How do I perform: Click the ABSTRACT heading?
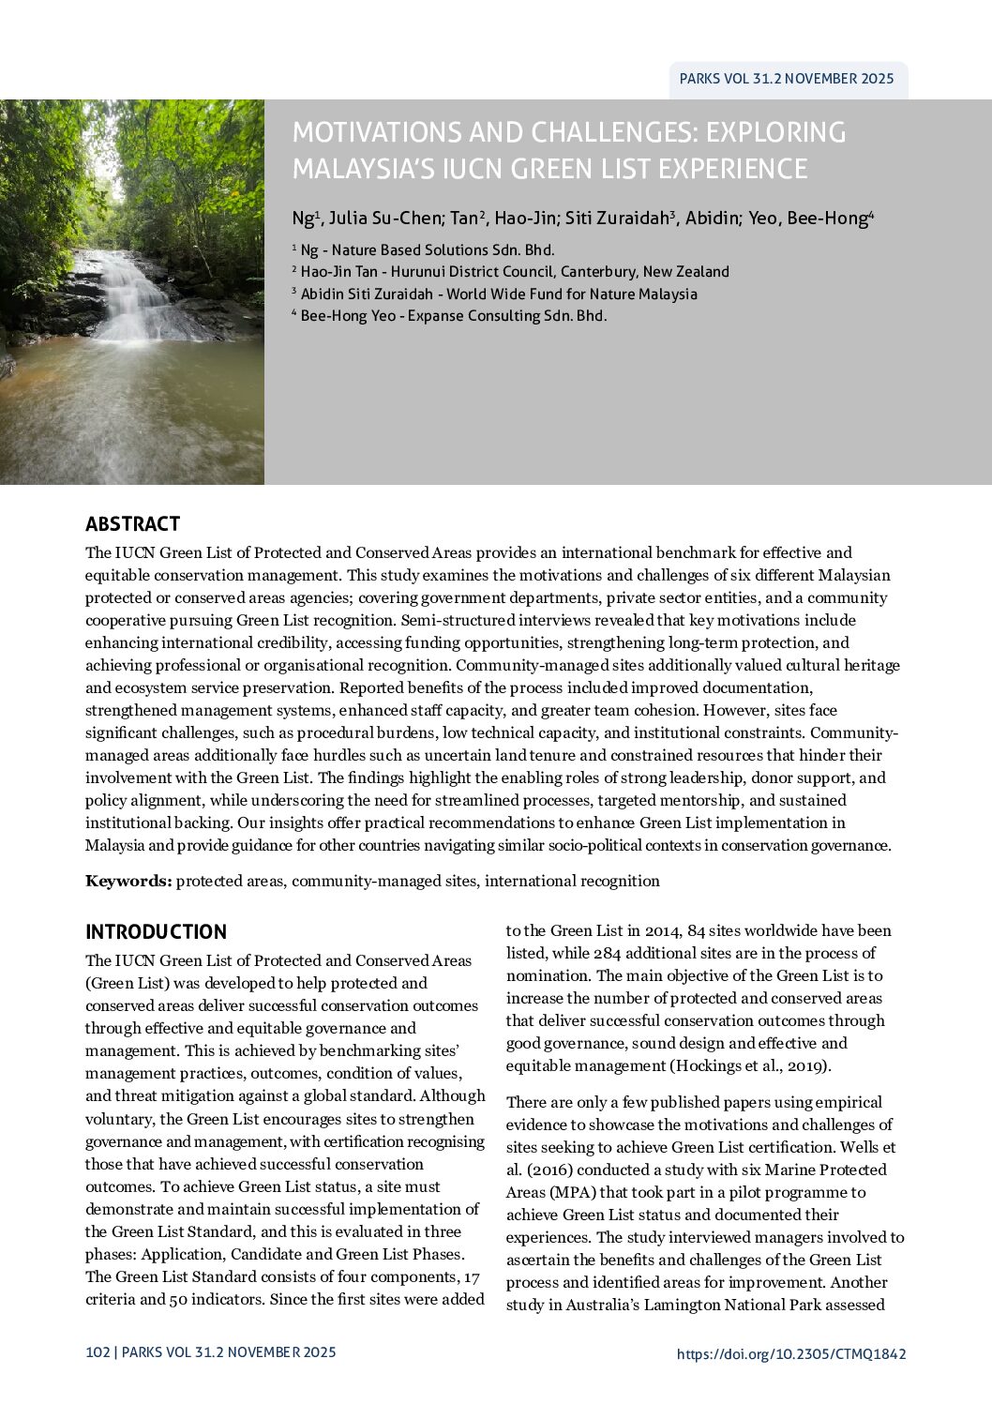pos(132,523)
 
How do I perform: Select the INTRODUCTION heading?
pos(156,931)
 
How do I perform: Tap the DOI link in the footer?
pos(790,1353)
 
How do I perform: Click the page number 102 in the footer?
pos(97,1352)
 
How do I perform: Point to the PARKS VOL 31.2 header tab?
pos(786,79)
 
